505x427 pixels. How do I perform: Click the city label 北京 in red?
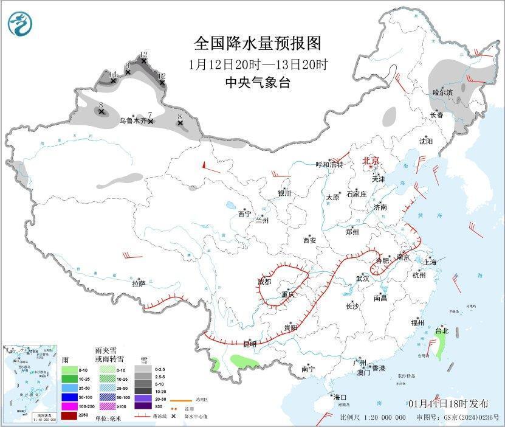click(x=371, y=161)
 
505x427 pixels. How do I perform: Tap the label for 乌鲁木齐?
click(x=132, y=121)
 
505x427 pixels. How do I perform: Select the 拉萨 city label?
click(x=139, y=283)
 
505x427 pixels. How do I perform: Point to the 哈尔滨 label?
click(x=442, y=92)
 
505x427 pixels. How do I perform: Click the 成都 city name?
click(x=264, y=282)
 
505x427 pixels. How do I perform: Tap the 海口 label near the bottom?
click(x=339, y=397)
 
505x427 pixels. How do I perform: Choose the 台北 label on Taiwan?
click(x=441, y=331)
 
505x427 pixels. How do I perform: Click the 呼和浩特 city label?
click(x=329, y=164)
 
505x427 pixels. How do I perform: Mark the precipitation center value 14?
click(x=112, y=75)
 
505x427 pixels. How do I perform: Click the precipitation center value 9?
click(x=128, y=66)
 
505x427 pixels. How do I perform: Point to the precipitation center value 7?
click(x=149, y=115)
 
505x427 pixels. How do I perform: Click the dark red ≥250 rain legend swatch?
click(x=70, y=415)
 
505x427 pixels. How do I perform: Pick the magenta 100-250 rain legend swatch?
click(x=70, y=406)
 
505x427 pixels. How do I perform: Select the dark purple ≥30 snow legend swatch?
click(x=143, y=406)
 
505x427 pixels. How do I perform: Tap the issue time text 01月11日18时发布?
click(x=448, y=403)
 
